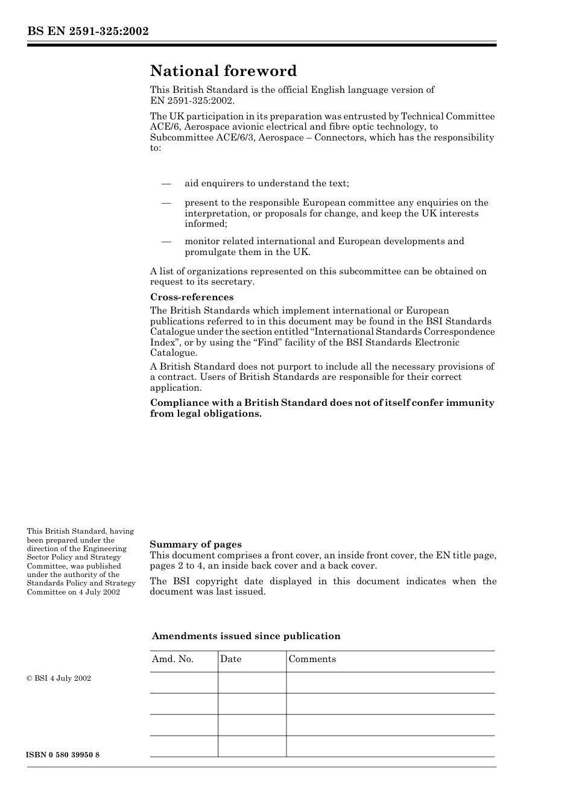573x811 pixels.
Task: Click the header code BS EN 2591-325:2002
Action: pos(87,31)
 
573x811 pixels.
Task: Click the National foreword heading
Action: pos(223,71)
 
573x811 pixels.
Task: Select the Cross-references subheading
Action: pos(191,297)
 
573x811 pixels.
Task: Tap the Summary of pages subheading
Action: pos(195,544)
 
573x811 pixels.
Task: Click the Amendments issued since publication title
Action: pos(246,636)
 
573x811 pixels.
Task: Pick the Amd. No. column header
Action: pos(173,659)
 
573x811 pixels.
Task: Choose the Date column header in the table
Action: pos(230,659)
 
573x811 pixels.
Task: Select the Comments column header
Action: pos(312,659)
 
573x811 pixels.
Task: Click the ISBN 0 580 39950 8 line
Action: pos(63,755)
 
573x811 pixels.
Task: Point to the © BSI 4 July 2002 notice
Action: pos(59,678)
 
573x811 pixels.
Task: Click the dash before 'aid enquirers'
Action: pos(166,183)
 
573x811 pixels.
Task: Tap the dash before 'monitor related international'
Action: pos(166,241)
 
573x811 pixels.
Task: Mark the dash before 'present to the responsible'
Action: pos(166,203)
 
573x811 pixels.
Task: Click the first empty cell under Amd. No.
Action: pos(183,683)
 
